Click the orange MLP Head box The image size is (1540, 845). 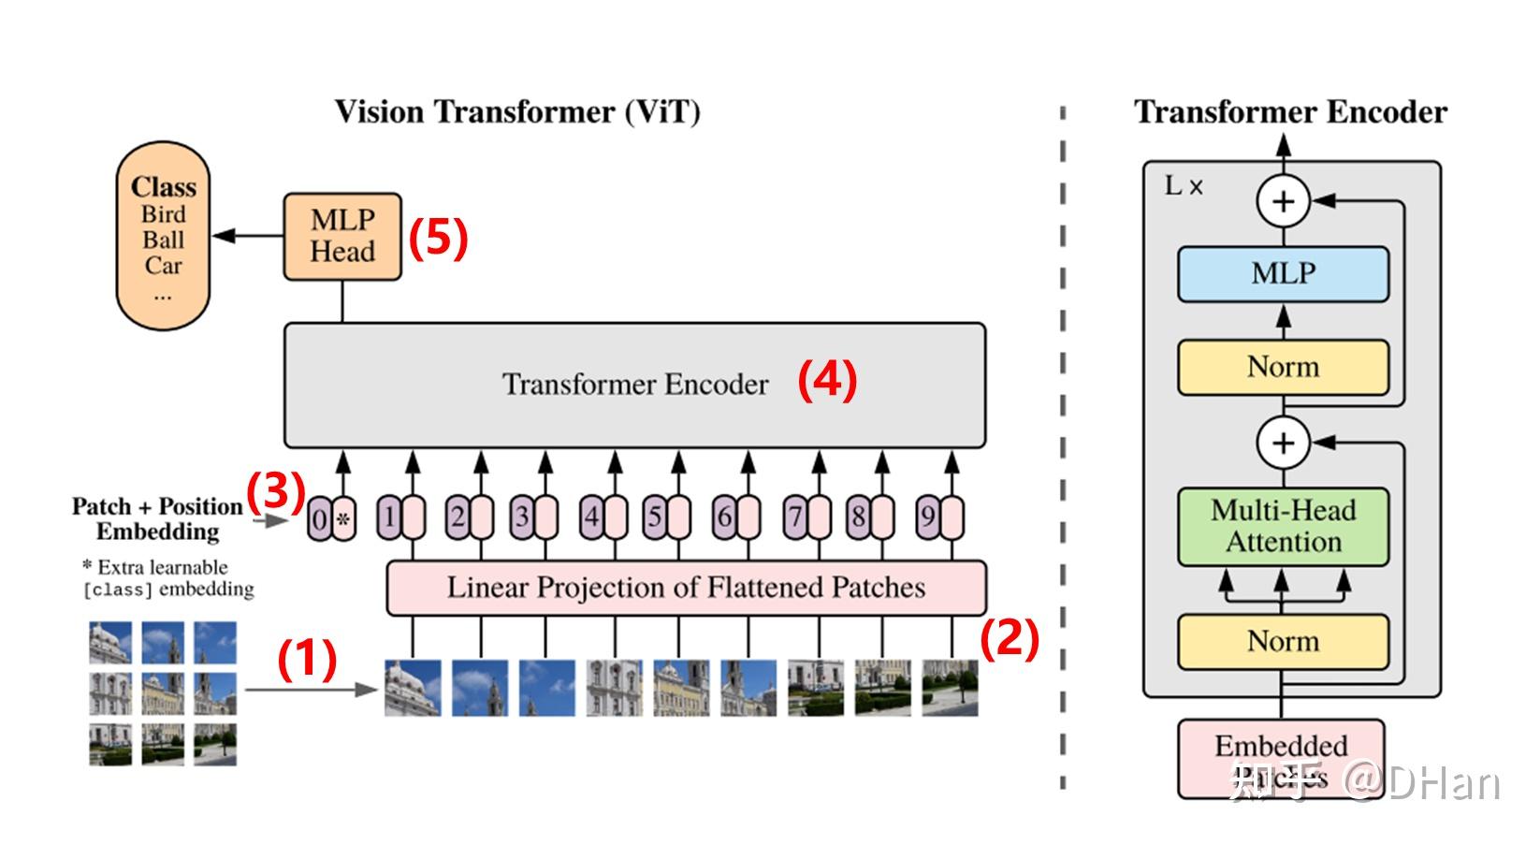[x=342, y=237]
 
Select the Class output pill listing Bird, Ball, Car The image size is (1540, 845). [x=163, y=236]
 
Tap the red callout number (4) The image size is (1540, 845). [x=827, y=381]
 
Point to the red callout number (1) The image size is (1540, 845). [x=307, y=659]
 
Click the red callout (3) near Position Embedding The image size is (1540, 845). [x=275, y=489]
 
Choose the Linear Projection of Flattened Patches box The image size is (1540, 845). [x=686, y=588]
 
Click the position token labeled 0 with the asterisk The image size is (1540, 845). [x=332, y=518]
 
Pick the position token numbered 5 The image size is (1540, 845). [x=666, y=517]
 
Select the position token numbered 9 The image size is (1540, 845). [x=939, y=517]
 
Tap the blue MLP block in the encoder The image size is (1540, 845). [x=1283, y=274]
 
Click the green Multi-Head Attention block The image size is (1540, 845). [x=1283, y=527]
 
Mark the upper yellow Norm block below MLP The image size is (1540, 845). [x=1283, y=367]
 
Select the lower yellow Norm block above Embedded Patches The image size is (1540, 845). [x=1283, y=642]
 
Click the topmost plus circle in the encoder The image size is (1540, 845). [x=1283, y=201]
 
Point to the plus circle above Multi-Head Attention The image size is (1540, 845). [x=1283, y=443]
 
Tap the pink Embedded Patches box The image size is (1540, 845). [x=1280, y=758]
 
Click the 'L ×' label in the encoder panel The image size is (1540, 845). [x=1183, y=186]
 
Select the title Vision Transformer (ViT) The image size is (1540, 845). [x=517, y=112]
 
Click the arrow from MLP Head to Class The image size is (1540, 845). [x=248, y=236]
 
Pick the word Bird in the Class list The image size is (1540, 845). [x=164, y=214]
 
